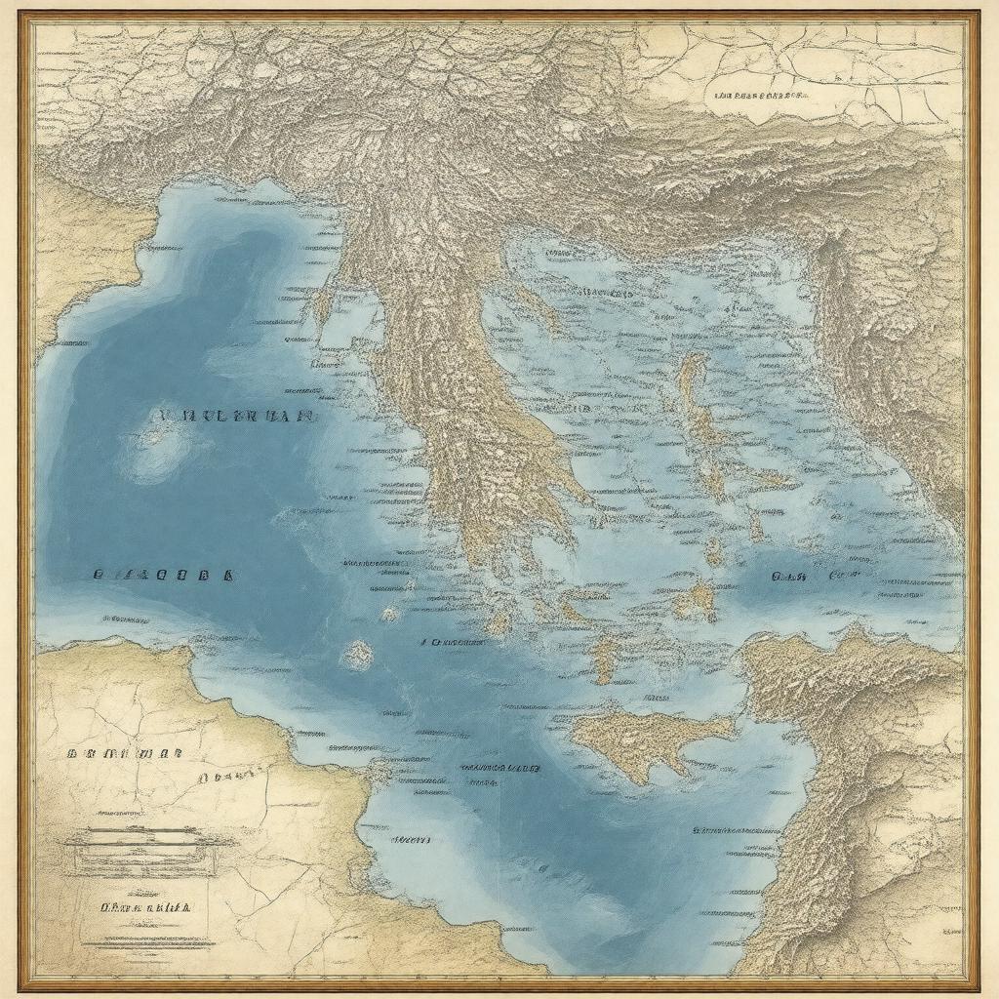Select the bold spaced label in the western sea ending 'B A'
point(163,575)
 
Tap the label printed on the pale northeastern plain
point(760,97)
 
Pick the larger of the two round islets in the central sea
point(357,654)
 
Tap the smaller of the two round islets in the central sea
point(390,615)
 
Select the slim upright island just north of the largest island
point(605,659)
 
